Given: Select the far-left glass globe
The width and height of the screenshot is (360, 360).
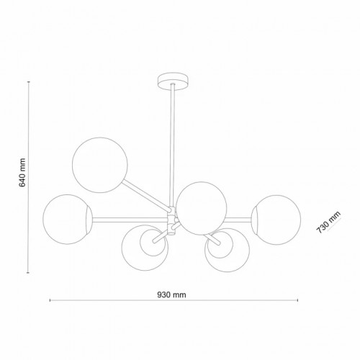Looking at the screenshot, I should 66,217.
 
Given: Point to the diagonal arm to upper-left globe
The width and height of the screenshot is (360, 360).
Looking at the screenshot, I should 148,196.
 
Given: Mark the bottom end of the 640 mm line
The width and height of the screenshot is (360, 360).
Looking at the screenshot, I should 29,274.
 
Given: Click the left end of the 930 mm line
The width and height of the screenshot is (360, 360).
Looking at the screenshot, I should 48,300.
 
